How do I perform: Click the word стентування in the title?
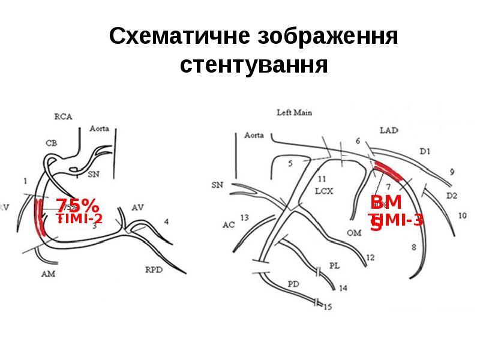click(x=254, y=64)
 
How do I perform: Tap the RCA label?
click(x=63, y=117)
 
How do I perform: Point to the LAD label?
click(x=389, y=130)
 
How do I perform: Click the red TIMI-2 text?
click(x=80, y=218)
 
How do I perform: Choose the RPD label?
click(x=154, y=269)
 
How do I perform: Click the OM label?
click(x=354, y=232)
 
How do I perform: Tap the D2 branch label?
click(x=452, y=196)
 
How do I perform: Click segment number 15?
click(x=327, y=307)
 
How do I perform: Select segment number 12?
click(x=370, y=257)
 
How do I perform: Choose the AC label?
click(x=229, y=225)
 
